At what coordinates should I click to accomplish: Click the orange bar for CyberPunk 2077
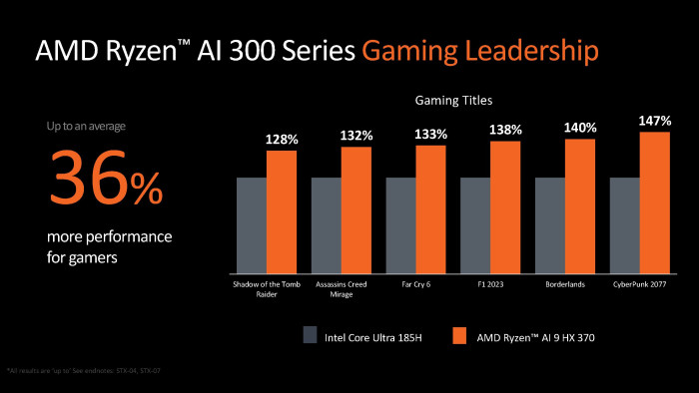pos(654,202)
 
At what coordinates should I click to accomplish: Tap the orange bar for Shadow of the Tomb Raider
pos(282,211)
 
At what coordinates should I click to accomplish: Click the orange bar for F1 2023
pos(505,206)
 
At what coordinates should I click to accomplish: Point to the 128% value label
pos(283,140)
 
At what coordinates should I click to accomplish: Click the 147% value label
pos(655,121)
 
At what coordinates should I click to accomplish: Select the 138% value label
pos(506,131)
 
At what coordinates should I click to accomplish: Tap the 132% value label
pos(356,136)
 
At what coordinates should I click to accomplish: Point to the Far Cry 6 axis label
pos(415,283)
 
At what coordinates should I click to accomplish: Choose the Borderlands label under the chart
pos(565,283)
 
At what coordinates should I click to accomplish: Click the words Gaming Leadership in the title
pos(482,49)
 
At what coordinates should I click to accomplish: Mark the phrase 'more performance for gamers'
pos(109,246)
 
